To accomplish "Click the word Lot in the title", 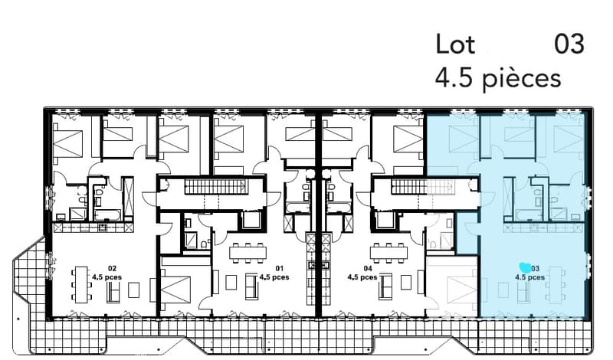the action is [x=455, y=44].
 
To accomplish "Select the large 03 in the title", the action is [x=569, y=44].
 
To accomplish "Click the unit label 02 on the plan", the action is [x=112, y=269].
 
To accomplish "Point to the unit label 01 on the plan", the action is [x=279, y=268].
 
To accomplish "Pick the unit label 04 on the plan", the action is [x=368, y=268].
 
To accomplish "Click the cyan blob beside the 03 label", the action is [x=525, y=267].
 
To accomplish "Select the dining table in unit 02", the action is [x=81, y=284].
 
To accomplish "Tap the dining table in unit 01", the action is [x=247, y=253].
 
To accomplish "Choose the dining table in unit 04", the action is [x=388, y=253].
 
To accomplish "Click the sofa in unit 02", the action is [x=113, y=292].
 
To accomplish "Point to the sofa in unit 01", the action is [x=251, y=285].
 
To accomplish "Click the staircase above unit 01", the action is [x=216, y=186].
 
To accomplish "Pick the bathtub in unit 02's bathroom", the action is [x=107, y=215].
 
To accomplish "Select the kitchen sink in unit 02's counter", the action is [x=103, y=227].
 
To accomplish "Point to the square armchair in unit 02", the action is [x=133, y=290].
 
